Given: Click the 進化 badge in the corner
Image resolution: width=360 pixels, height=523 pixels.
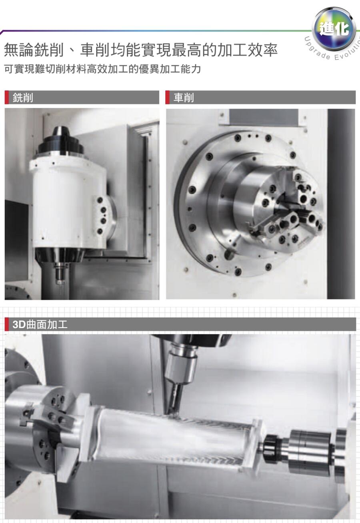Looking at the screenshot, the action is click(x=334, y=29).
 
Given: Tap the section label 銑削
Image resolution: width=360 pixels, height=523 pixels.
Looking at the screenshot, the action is click(x=23, y=97).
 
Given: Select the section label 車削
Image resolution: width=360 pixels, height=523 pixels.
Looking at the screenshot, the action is click(x=184, y=97).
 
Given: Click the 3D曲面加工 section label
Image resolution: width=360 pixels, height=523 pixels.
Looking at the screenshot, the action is click(x=40, y=324).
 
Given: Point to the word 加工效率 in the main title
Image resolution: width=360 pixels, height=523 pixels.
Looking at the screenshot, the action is click(x=247, y=50).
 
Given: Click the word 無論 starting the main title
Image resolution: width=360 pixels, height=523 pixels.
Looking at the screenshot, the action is click(x=19, y=50).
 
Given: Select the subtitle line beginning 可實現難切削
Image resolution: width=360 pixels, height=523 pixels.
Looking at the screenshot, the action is click(x=102, y=69).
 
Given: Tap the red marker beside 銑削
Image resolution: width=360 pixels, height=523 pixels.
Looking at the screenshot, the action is click(x=6, y=97).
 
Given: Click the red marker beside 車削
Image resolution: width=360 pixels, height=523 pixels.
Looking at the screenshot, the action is click(x=167, y=97).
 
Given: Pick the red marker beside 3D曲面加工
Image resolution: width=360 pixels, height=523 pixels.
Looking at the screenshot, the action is click(x=6, y=324).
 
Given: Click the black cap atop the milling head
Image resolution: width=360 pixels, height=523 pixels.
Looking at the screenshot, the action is click(x=61, y=140).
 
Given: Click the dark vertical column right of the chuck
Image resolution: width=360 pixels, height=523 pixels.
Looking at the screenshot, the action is click(x=341, y=204).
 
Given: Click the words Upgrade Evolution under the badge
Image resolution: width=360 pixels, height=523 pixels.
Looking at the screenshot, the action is click(x=333, y=52).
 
